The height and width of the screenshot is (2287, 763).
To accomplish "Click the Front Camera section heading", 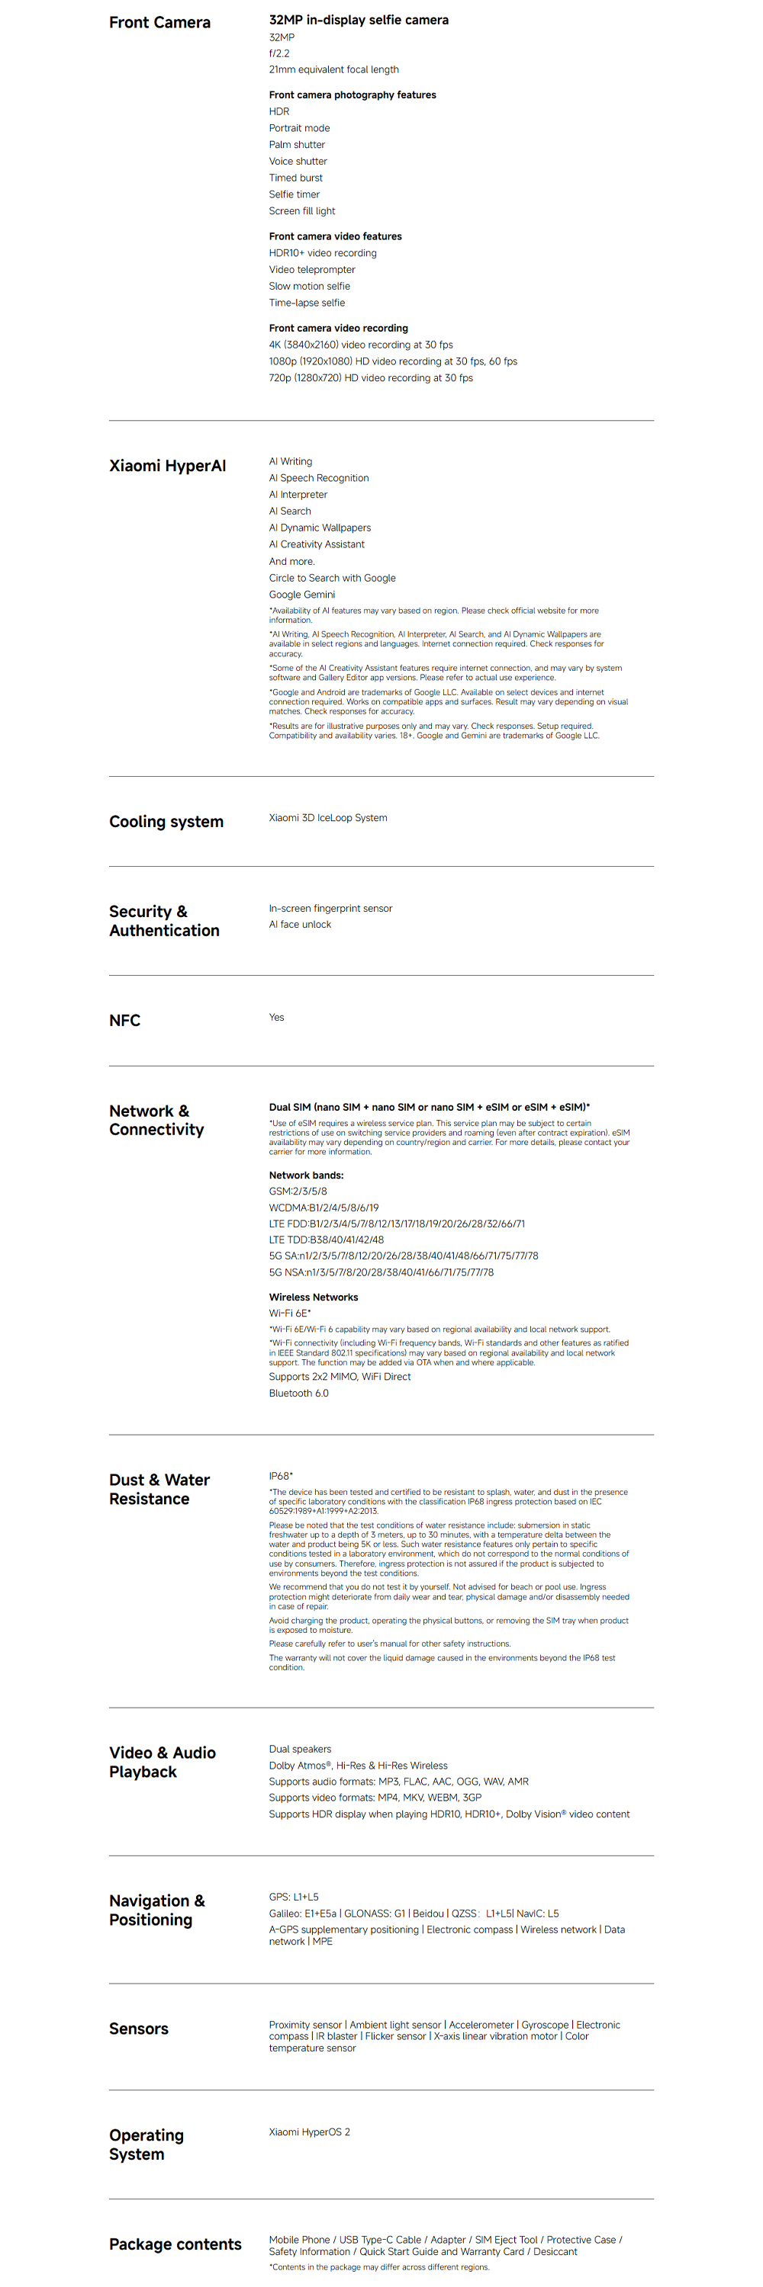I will coord(160,22).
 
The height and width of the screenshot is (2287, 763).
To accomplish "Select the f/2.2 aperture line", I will coord(279,53).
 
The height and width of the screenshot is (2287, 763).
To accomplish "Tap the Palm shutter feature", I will coord(297,145).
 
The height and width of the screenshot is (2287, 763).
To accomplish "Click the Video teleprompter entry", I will coord(312,270).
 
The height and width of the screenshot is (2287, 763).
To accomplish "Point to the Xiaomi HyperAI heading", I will coord(167,465).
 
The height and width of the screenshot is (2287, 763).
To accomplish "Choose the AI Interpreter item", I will coord(298,495).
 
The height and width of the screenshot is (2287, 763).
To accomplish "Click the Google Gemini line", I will coord(302,595).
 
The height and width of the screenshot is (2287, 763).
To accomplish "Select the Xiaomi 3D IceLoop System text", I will coord(328,818).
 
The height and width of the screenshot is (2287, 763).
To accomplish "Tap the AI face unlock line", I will coord(299,924).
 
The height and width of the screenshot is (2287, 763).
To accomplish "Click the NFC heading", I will coord(124,1020).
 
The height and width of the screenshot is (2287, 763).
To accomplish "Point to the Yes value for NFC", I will coord(276,1018).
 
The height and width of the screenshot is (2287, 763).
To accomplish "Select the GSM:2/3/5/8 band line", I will coord(298,1192).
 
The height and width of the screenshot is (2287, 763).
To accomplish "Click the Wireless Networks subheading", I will coord(314,1297).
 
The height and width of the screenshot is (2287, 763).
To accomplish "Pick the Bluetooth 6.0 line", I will coord(298,1393).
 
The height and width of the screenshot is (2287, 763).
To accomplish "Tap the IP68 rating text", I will coord(280,1476).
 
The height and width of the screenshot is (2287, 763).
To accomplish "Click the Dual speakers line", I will coord(299,1749).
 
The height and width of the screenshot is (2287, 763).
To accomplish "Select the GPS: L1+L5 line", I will coord(293,1897).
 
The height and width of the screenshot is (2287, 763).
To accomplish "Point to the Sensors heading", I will coord(139,2029).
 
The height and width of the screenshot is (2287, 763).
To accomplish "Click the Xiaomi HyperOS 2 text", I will coord(309,2131).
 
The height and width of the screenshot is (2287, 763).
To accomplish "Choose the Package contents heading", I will coord(175,2244).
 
